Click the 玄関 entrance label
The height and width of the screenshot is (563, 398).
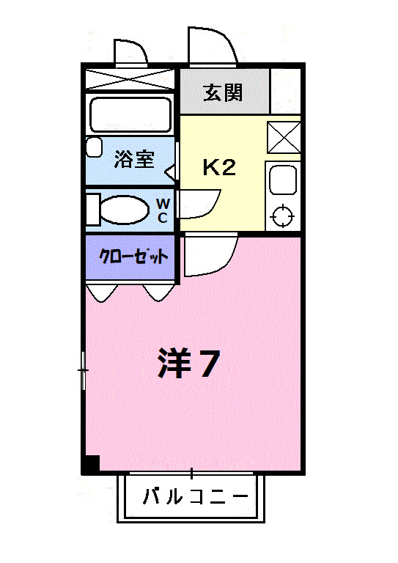[224, 92]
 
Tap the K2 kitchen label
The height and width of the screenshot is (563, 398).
[218, 168]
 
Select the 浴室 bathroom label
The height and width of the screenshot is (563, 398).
[134, 160]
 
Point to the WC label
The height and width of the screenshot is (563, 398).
[163, 210]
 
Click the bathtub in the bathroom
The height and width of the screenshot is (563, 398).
[130, 114]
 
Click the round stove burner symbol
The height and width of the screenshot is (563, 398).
[282, 217]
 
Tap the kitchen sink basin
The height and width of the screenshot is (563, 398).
[282, 180]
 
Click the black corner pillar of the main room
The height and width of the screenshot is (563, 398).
[91, 464]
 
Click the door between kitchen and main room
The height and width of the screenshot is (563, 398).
[210, 255]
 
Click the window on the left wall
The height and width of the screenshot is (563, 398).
[84, 370]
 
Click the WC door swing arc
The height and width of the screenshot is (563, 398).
[199, 203]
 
